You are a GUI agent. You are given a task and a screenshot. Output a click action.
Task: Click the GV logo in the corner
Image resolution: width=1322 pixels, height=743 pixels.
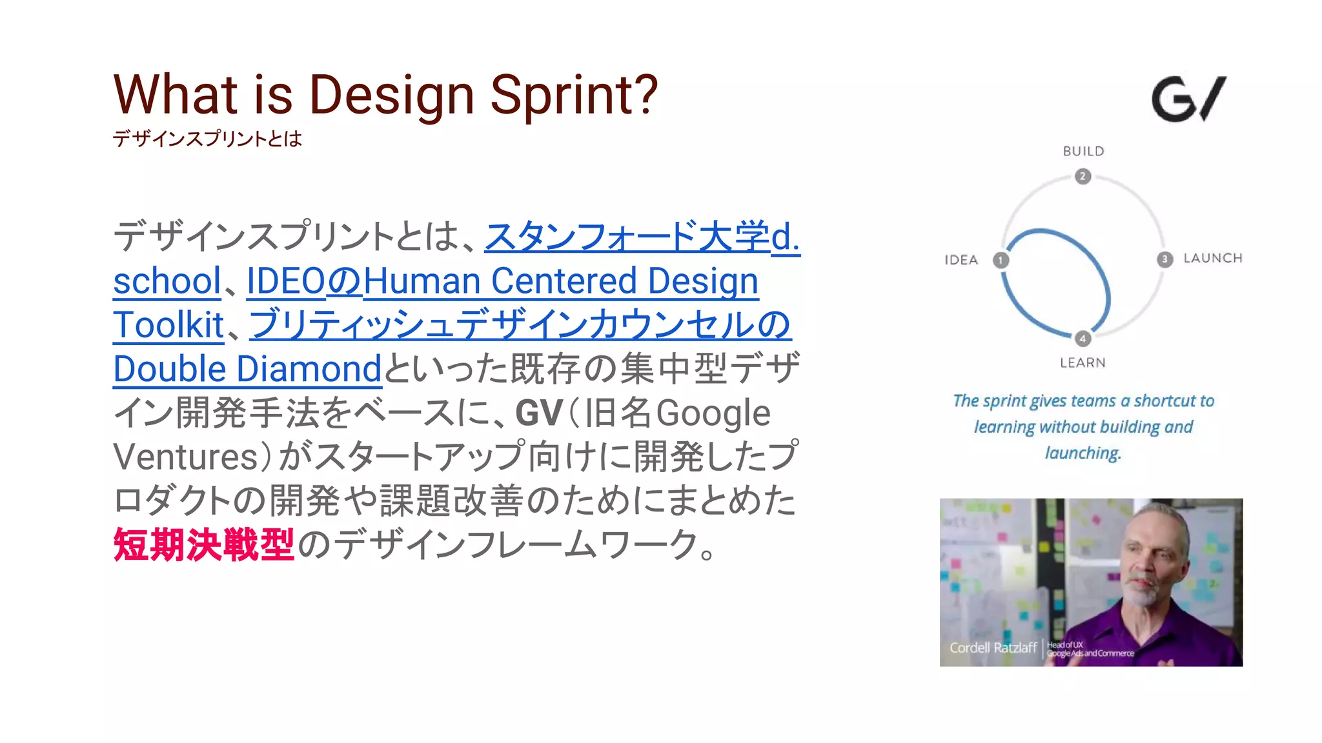click(x=1188, y=99)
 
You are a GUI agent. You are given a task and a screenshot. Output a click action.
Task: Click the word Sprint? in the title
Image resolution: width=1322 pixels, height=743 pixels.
click(x=574, y=95)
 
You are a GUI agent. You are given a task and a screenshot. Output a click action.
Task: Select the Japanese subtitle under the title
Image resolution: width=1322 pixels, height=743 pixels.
click(x=207, y=139)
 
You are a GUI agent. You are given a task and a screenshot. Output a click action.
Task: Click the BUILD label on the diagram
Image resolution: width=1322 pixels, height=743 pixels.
click(x=1083, y=151)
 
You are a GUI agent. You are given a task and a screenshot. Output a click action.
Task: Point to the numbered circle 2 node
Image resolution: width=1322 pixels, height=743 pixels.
click(x=1083, y=176)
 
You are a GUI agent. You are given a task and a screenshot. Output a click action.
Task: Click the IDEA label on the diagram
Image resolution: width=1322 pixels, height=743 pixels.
click(x=961, y=260)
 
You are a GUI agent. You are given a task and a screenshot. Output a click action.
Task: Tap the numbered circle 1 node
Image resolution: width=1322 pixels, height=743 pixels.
click(x=1001, y=260)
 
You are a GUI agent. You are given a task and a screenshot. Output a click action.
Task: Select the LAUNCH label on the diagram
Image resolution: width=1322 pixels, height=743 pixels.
click(x=1212, y=258)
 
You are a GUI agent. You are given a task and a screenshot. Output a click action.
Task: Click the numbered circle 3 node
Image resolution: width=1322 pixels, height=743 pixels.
click(x=1164, y=259)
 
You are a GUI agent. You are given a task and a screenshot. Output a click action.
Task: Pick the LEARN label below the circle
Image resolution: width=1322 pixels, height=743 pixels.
click(x=1083, y=362)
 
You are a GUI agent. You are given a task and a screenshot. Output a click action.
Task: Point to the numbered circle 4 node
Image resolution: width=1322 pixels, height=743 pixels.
click(x=1083, y=339)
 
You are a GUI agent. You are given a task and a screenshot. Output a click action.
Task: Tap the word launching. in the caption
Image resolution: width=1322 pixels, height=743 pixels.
click(x=1083, y=453)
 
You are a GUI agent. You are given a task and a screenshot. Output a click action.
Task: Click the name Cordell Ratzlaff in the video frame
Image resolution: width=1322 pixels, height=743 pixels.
click(x=992, y=648)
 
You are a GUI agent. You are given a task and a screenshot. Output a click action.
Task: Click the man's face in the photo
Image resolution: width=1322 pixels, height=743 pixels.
click(x=1155, y=561)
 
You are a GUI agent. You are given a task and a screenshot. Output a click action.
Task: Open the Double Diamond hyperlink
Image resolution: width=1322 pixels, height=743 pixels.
click(x=247, y=370)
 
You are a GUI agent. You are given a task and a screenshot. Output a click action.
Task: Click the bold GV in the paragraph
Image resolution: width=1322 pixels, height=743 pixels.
click(x=539, y=413)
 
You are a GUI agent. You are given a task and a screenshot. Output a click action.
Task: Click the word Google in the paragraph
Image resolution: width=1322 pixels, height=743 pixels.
click(x=713, y=413)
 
